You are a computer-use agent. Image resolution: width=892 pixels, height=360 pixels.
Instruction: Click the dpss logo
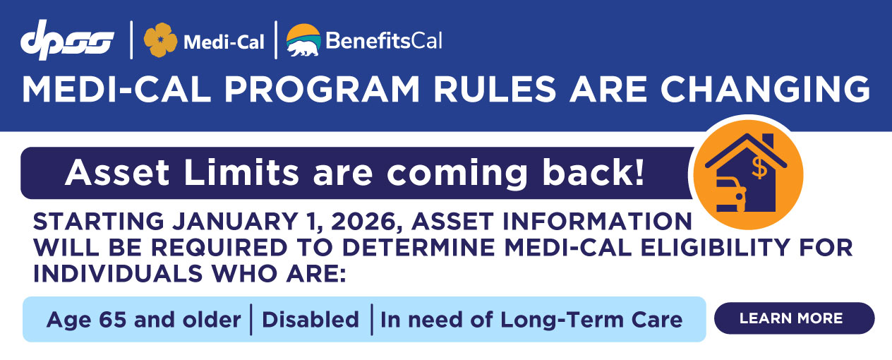point(67,40)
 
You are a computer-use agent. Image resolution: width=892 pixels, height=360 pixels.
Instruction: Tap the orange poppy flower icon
point(160,40)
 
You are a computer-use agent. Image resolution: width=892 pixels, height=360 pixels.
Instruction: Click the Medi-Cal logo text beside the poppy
point(224,42)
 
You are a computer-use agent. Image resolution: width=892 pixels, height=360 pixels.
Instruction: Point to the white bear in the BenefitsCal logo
point(303,48)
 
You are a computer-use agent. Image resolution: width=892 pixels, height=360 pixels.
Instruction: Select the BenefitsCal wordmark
point(384,40)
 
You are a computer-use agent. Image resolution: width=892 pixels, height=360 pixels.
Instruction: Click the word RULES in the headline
point(495,89)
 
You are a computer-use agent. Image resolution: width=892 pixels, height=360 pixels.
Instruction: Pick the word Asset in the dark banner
point(118,173)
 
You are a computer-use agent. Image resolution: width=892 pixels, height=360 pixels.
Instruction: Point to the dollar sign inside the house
point(759,168)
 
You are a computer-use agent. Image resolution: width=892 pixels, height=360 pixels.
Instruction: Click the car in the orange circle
point(731,195)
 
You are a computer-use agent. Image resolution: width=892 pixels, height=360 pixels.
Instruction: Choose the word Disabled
point(311,319)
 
